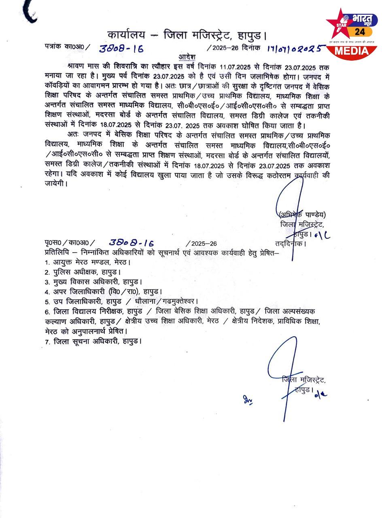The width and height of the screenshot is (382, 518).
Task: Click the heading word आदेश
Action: pyautogui.click(x=187, y=57)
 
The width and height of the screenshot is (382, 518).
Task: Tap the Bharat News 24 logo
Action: pyautogui.click(x=352, y=32)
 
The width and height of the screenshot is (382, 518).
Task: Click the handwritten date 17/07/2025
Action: pyautogui.click(x=296, y=49)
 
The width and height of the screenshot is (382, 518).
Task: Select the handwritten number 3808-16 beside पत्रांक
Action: pyautogui.click(x=121, y=49)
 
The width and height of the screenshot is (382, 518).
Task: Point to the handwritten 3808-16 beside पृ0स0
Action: pyautogui.click(x=132, y=243)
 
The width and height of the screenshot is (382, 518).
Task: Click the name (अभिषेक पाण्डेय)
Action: pyautogui.click(x=302, y=215)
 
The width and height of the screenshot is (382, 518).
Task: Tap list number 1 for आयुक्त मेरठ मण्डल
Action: pyautogui.click(x=47, y=263)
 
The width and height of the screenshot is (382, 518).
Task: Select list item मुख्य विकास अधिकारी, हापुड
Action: pyautogui.click(x=98, y=282)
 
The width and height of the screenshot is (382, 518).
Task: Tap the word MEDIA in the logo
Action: pyautogui.click(x=352, y=51)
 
